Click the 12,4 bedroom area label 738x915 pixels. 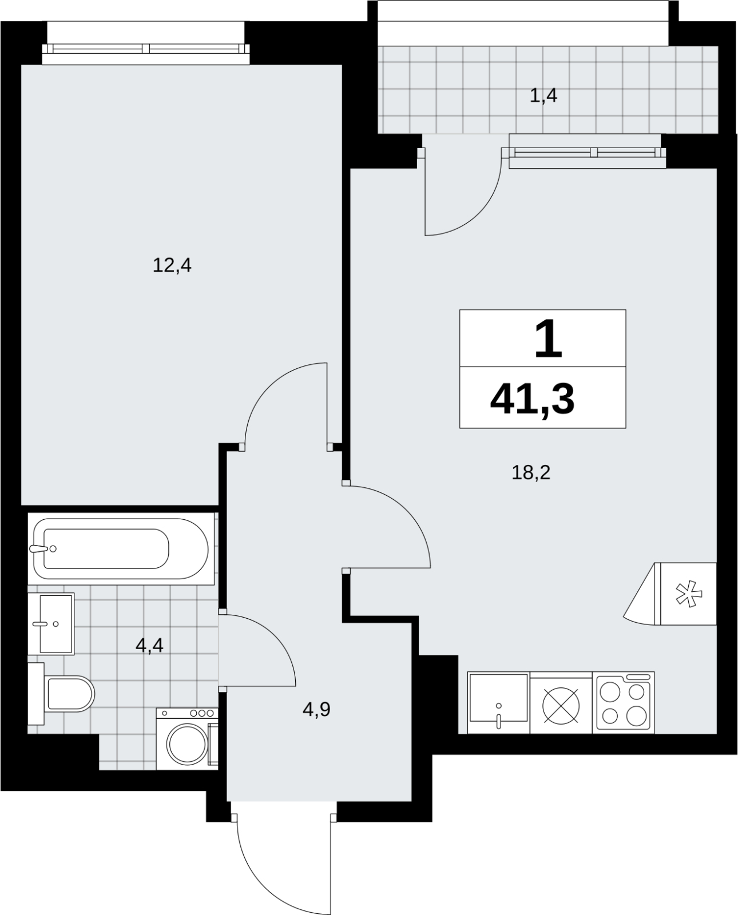[x=172, y=266]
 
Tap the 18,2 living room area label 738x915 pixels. [x=531, y=472]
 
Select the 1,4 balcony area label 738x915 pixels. [x=543, y=96]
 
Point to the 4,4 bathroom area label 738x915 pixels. [x=149, y=646]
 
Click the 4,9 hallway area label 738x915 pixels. [x=316, y=709]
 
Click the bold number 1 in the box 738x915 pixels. [x=548, y=339]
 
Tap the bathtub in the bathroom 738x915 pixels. [x=121, y=548]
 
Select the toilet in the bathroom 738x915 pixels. [x=61, y=694]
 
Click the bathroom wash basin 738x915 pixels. [x=51, y=624]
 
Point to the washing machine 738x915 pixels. [x=187, y=739]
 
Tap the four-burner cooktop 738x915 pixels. [x=623, y=703]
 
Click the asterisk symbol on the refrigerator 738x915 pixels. [x=689, y=594]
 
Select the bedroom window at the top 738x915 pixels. [x=146, y=49]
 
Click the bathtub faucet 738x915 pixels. [x=41, y=548]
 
